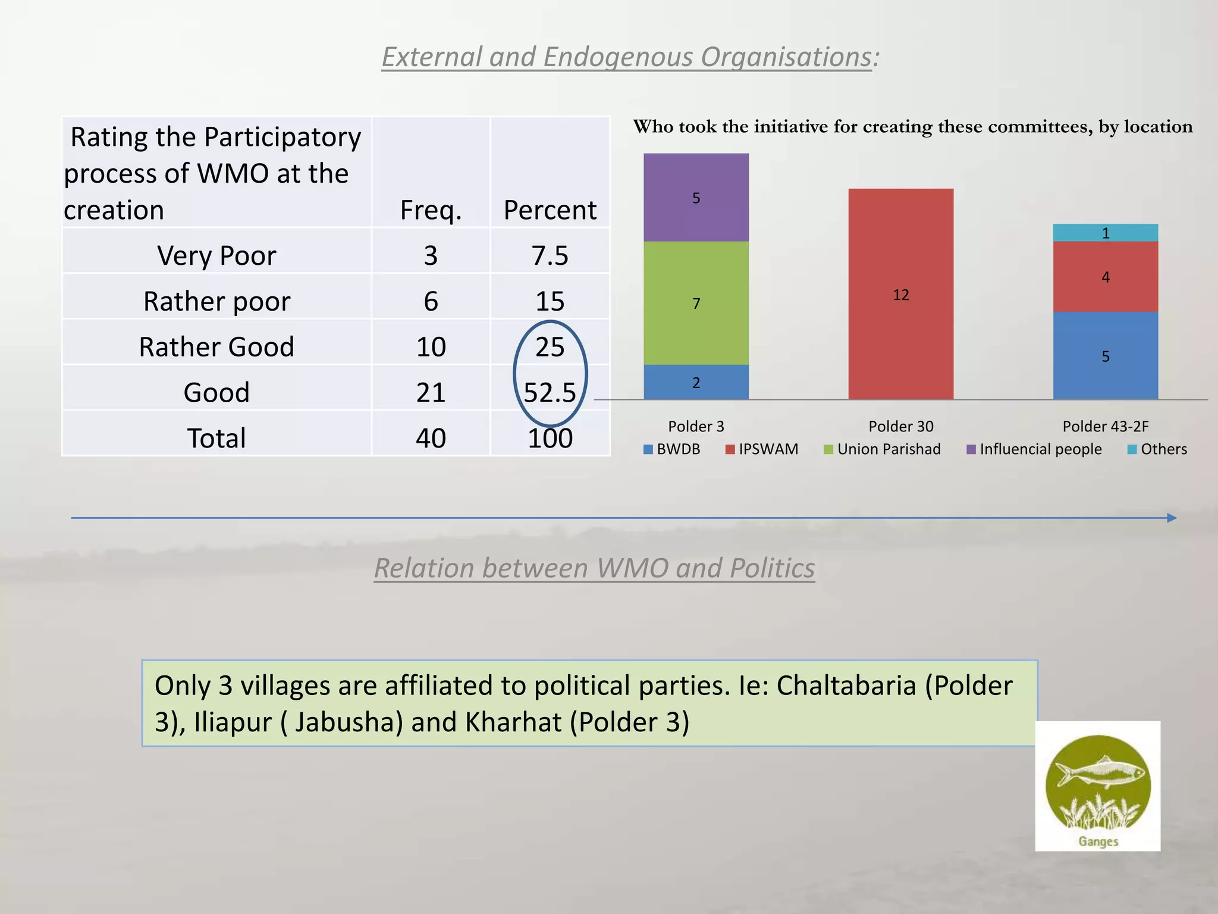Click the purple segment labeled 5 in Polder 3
click(x=696, y=198)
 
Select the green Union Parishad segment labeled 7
click(x=696, y=303)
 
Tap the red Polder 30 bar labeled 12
click(x=900, y=294)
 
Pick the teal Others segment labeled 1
click(x=1105, y=233)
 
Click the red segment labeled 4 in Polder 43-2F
click(x=1105, y=277)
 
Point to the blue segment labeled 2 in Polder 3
click(x=696, y=382)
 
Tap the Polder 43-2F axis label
click(x=1105, y=426)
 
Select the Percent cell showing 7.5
click(x=550, y=255)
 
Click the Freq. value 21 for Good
click(x=431, y=392)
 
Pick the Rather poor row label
click(x=216, y=301)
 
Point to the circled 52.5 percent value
click(x=550, y=392)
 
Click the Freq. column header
click(x=431, y=209)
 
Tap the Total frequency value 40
click(x=431, y=438)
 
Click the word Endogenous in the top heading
click(x=618, y=57)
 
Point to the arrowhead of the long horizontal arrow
click(x=1172, y=518)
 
